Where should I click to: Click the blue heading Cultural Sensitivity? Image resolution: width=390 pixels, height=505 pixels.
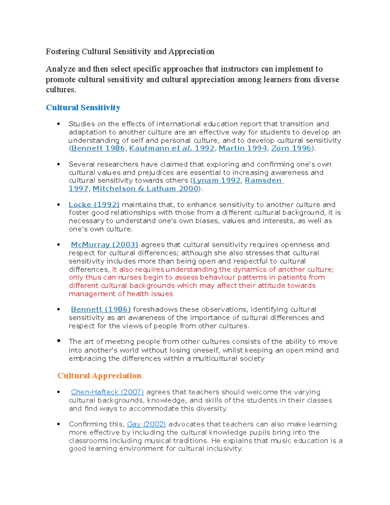pos(83,108)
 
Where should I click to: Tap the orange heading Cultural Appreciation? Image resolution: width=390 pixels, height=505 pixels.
pos(99,376)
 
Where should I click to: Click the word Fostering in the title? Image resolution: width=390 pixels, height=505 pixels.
pos(63,52)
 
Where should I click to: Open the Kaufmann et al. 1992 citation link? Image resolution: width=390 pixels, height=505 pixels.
pos(172,148)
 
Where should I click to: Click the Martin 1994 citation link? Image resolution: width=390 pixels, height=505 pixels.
pos(242,148)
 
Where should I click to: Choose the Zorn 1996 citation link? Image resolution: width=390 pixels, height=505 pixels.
pos(291,148)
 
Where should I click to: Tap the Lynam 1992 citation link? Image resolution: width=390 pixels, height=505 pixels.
pos(216,180)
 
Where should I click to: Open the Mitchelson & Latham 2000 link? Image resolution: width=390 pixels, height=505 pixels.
pos(145,189)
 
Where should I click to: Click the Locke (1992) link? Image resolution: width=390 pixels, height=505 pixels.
pos(94,205)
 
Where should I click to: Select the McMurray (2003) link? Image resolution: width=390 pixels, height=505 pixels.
pos(104,245)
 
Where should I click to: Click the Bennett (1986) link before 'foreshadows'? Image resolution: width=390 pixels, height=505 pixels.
pos(101,310)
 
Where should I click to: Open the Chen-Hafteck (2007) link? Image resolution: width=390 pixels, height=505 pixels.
pos(107,392)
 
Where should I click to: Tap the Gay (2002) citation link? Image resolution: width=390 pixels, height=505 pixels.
pos(146,424)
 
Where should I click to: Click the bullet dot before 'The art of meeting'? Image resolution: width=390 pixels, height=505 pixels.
pos(59,341)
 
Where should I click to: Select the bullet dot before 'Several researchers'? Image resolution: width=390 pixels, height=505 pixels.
pos(59,165)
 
